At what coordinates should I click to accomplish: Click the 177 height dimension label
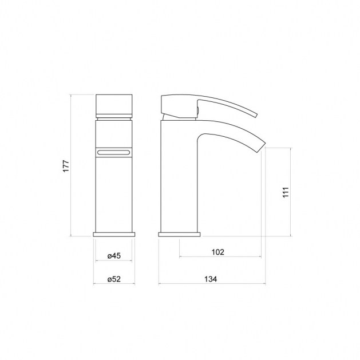pyautogui.click(x=66, y=166)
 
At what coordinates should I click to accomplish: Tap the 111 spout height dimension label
pyautogui.click(x=286, y=192)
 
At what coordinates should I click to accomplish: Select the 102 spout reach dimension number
pyautogui.click(x=217, y=252)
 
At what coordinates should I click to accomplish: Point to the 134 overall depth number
pyautogui.click(x=211, y=279)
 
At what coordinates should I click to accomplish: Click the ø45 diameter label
pyautogui.click(x=114, y=255)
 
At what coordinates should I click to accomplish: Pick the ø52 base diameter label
pyautogui.click(x=114, y=279)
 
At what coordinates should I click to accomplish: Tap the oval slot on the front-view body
pyautogui.click(x=114, y=152)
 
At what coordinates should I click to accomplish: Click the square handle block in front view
pyautogui.click(x=114, y=106)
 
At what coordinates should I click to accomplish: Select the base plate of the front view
pyautogui.click(x=114, y=235)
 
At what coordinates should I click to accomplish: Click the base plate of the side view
pyautogui.click(x=179, y=235)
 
